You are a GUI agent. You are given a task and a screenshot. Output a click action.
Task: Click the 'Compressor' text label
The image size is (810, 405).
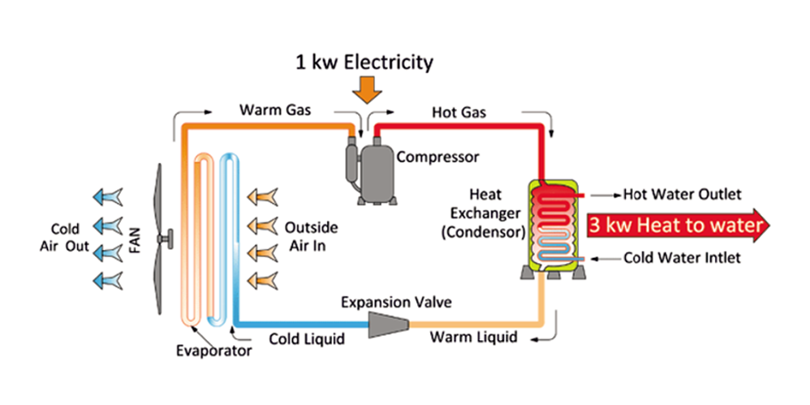(437, 157)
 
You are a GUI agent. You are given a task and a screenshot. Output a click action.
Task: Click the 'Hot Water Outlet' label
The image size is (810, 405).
(682, 195)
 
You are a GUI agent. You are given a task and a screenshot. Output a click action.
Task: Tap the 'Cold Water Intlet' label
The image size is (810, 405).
(682, 258)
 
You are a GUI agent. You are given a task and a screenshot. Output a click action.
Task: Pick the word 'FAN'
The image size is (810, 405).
(136, 240)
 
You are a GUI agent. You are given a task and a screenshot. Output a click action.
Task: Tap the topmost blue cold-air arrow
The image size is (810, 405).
(107, 195)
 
